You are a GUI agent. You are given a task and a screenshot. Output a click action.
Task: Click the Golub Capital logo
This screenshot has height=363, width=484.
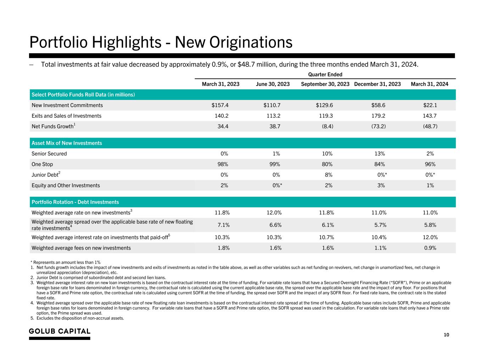pos(60,331)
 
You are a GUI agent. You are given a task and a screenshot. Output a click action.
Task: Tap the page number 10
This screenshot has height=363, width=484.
pos(446,335)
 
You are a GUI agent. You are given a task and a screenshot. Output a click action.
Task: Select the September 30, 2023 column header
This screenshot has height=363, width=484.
pos(325,84)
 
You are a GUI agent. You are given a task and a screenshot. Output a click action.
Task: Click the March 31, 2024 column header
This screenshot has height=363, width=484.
pos(429,84)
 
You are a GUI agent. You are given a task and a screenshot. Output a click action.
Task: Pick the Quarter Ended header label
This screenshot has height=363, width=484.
pos(325,74)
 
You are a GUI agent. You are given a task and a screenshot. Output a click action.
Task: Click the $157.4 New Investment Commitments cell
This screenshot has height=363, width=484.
pos(220,105)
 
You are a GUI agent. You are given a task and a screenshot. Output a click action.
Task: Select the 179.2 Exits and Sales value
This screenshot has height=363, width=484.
pos(378,116)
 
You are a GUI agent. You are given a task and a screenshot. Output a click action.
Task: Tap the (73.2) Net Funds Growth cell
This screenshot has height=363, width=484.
pos(378,127)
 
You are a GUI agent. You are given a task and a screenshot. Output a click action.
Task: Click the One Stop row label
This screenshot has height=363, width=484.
pos(42,164)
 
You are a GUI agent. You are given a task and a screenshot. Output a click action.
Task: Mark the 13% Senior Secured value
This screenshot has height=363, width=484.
pos(379,154)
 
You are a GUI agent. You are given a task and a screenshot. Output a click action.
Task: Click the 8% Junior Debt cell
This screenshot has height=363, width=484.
pos(328,175)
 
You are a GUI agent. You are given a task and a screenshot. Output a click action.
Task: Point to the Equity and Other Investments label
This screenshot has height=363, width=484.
pos(66,185)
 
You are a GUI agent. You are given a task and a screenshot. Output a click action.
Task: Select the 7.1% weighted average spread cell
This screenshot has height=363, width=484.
pos(223,225)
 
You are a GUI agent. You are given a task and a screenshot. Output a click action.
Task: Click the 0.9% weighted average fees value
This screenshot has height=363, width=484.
pos(430,248)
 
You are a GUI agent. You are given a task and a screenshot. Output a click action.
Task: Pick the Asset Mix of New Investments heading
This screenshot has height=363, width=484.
pos(67,143)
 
